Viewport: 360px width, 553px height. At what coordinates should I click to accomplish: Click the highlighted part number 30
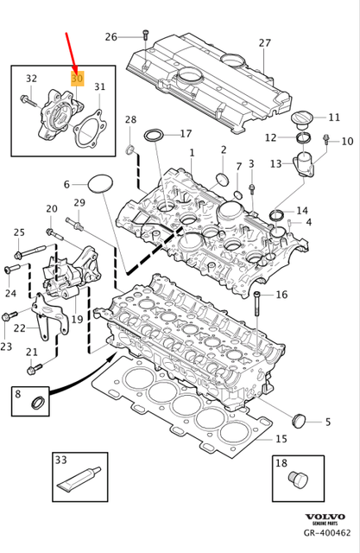tap(77, 79)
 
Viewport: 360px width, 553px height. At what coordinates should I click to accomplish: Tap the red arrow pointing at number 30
tap(72, 51)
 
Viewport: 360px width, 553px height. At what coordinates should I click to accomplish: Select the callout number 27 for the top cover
tap(264, 43)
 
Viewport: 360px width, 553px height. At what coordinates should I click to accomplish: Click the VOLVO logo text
tap(325, 517)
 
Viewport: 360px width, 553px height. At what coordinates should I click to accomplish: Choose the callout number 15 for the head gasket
tap(281, 439)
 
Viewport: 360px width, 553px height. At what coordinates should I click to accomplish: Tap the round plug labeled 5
tap(300, 421)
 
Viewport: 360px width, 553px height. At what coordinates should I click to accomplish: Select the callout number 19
tap(77, 320)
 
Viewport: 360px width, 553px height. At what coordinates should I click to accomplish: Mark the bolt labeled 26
tap(142, 36)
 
